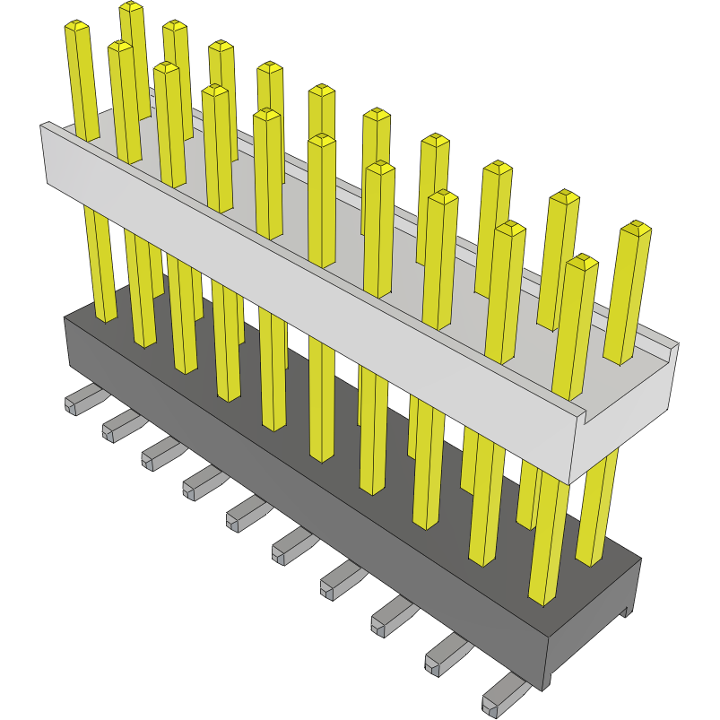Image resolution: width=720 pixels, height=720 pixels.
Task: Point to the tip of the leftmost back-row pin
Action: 132,7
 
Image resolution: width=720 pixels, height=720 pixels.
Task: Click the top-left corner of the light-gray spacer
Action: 42,126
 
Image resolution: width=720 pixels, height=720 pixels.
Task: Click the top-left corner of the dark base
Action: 65,317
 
